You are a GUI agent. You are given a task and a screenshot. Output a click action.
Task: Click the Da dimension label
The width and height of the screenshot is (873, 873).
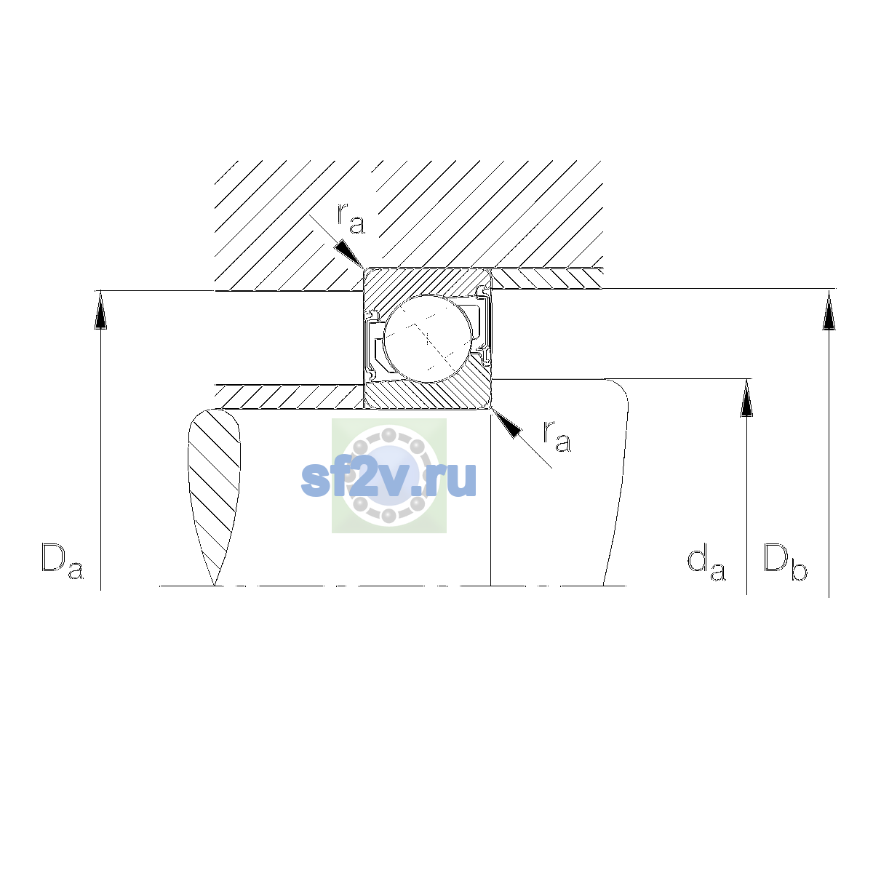pos(62,562)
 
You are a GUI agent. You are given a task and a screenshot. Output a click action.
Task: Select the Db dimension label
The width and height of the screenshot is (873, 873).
pos(785,562)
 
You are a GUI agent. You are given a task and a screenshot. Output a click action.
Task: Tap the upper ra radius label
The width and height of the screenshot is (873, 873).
pos(350,218)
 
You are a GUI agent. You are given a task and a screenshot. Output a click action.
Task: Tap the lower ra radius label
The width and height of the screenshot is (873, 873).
pos(557,436)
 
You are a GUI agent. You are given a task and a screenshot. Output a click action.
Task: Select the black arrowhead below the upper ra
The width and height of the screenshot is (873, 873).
pos(349,254)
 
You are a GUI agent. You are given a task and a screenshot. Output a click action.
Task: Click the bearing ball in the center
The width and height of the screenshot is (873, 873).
pos(428,339)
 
